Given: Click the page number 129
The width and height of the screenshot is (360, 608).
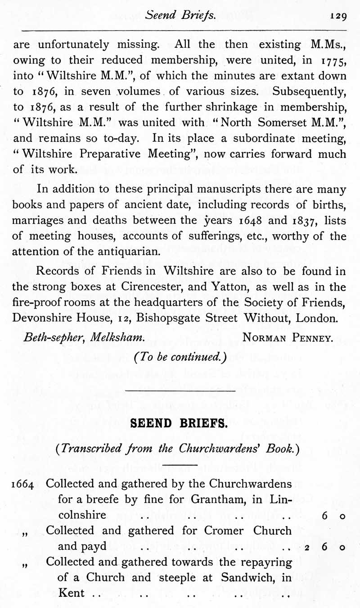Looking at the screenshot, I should pos(337,16).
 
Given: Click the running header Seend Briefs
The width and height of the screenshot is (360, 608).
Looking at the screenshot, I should pos(181,15).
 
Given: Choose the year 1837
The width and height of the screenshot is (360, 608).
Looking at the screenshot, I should pos(306,221).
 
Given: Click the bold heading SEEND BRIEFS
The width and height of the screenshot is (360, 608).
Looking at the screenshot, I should pos(180,424).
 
